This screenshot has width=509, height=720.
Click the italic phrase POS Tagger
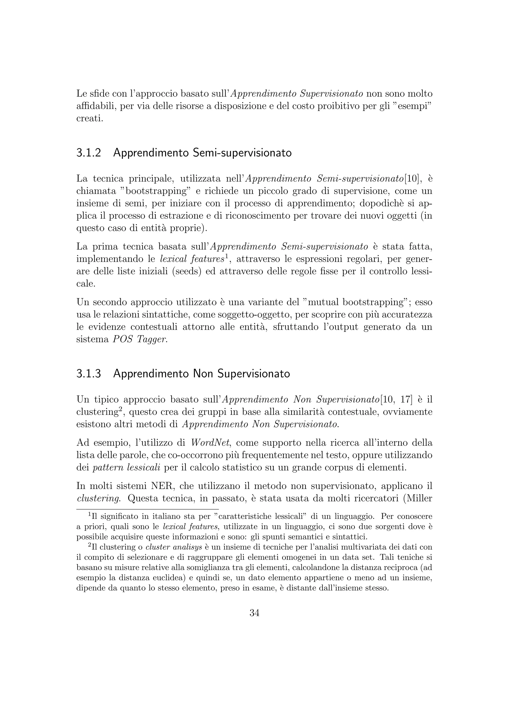point(140,340)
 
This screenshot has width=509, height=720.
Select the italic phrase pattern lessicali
point(127,468)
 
